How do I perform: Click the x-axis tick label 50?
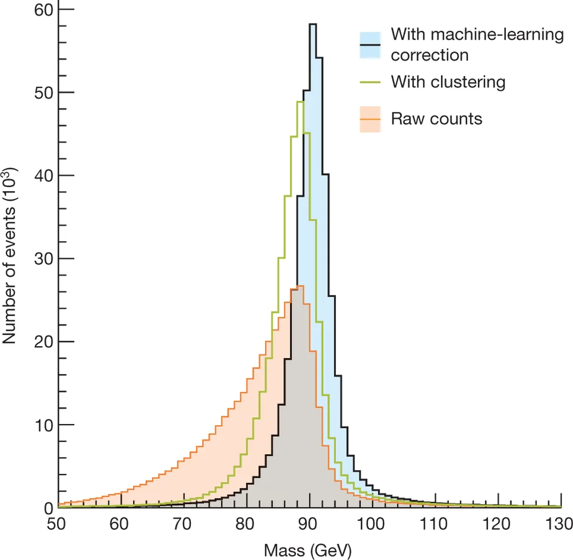[58, 525]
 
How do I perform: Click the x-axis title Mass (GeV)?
[309, 550]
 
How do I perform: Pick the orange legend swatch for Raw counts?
[369, 119]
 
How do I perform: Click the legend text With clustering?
[448, 82]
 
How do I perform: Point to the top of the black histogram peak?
[312, 24]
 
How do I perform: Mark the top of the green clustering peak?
[300, 101]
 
